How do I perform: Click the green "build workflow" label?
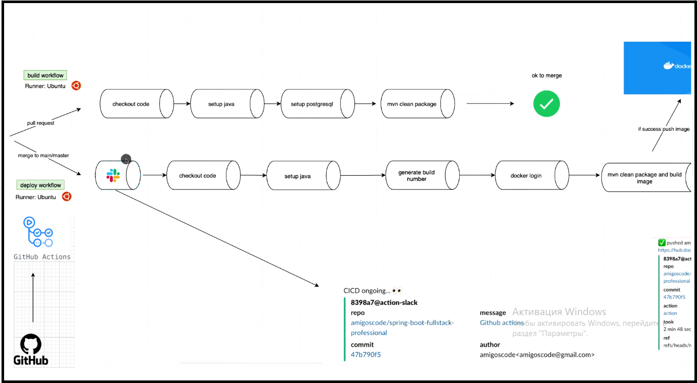45,76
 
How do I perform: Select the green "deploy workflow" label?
41,185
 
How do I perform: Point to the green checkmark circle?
546,104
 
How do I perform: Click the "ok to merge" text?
546,76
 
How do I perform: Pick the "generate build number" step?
416,176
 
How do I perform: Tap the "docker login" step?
526,176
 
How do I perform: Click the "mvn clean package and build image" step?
644,178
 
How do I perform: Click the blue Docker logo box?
657,68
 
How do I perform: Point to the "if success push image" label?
663,129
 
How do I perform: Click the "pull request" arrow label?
41,123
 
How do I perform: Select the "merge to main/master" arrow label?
43,155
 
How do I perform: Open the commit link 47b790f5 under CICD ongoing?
365,354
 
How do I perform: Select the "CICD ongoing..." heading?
366,291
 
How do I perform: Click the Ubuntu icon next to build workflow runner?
76,86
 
